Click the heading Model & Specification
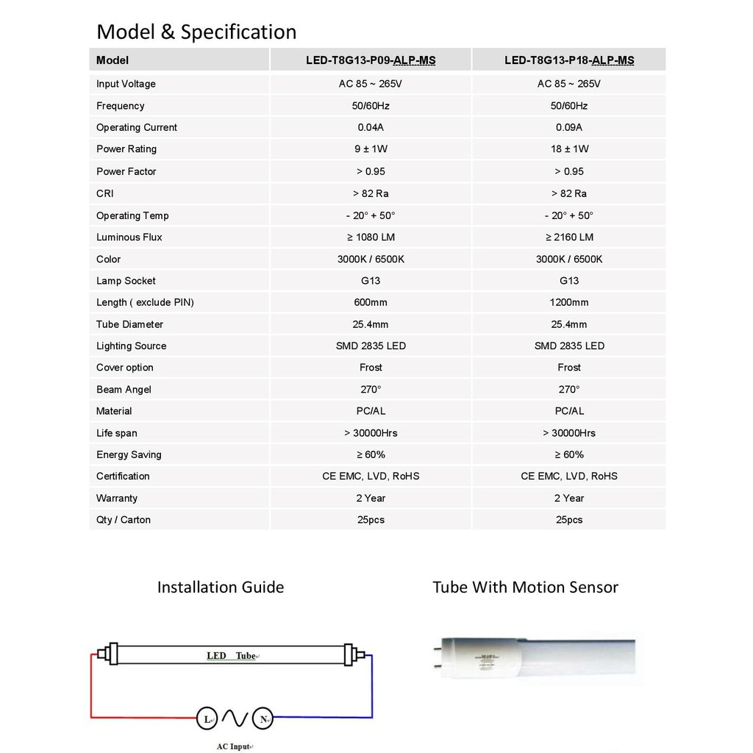coord(196,32)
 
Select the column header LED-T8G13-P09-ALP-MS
coord(371,60)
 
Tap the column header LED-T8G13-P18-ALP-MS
coord(569,60)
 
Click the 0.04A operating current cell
coord(371,127)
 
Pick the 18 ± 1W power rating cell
coord(569,149)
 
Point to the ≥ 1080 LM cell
coord(371,237)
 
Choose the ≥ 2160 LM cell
coord(569,237)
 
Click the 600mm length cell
coord(371,302)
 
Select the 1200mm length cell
coord(569,302)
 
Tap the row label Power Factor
coord(126,171)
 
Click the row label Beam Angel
coord(124,389)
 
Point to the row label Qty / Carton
coord(123,520)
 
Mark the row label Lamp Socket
coord(126,281)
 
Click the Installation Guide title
coord(221,587)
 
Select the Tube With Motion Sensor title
coord(525,587)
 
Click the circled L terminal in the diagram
coord(207,718)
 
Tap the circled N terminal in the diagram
coord(263,718)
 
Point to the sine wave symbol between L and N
coord(235,718)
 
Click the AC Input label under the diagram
coord(234,746)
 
